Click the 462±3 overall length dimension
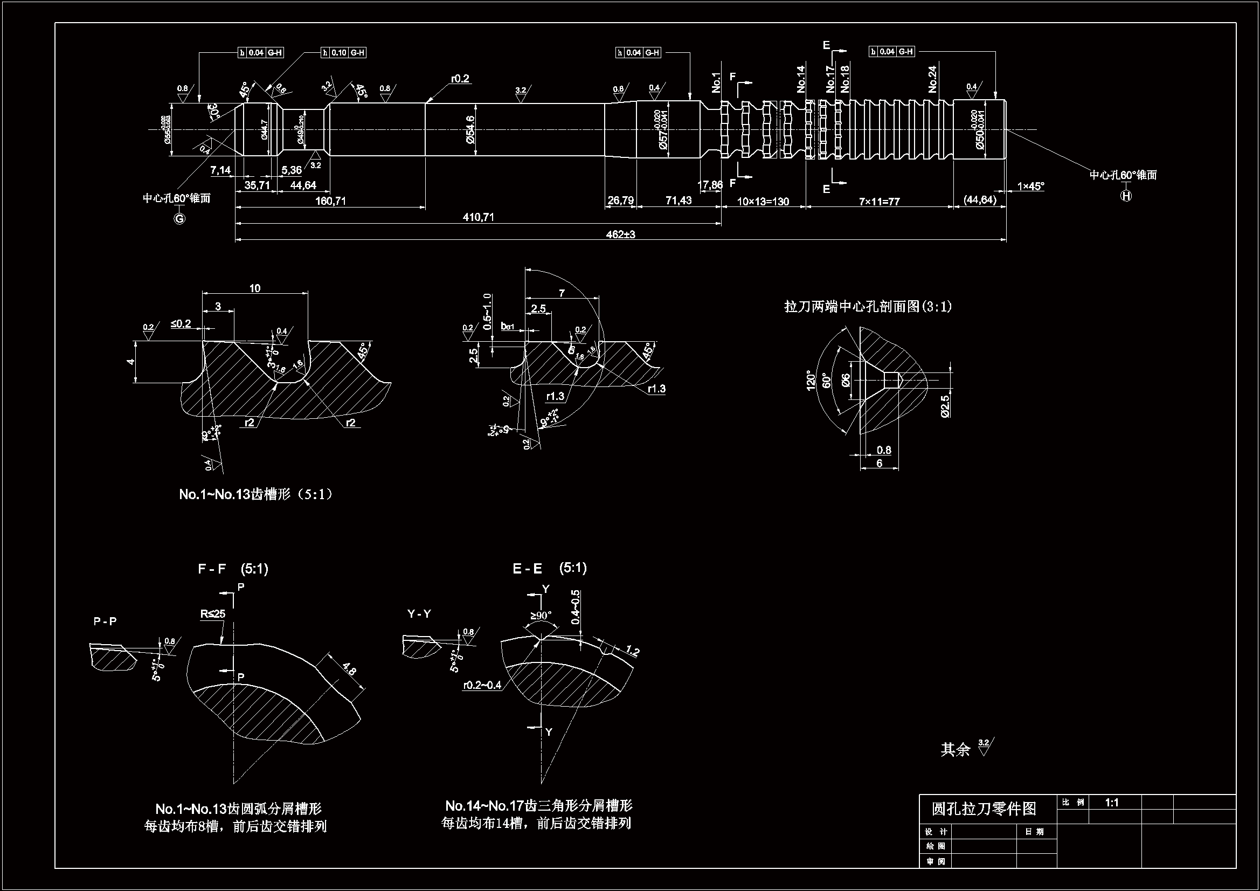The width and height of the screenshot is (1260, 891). [620, 234]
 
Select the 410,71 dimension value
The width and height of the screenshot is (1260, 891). [478, 217]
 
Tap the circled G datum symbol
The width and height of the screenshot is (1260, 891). [179, 218]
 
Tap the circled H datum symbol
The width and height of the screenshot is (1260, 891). [1126, 196]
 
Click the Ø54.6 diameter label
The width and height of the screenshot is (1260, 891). [470, 129]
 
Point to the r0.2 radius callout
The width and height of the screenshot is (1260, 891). [460, 79]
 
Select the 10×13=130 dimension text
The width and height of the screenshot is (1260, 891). [762, 202]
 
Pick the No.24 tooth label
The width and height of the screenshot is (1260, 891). [932, 79]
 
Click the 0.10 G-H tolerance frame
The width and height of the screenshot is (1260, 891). [343, 53]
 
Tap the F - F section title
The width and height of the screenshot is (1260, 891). [212, 569]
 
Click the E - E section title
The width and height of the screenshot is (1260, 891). [527, 569]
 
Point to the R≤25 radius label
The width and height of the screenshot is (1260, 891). [212, 614]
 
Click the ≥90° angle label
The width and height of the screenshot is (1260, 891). [541, 616]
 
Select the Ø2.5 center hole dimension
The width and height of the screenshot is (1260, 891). [945, 406]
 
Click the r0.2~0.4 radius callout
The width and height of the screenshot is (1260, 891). [482, 685]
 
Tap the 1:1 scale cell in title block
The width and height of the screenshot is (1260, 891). [1112, 803]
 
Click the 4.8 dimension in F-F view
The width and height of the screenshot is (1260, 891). [349, 671]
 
